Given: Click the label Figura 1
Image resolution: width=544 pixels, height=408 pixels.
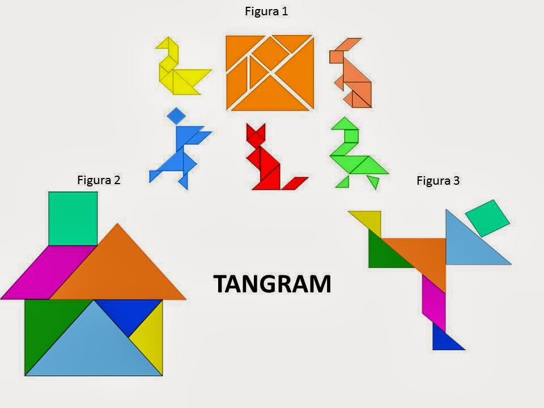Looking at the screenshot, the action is pyautogui.click(x=266, y=11).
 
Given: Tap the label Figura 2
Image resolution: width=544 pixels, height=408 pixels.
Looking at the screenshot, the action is pyautogui.click(x=99, y=180).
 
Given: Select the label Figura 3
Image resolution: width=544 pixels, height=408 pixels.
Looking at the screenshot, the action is pyautogui.click(x=438, y=181).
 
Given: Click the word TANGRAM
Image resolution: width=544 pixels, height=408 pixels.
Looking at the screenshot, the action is pyautogui.click(x=272, y=284).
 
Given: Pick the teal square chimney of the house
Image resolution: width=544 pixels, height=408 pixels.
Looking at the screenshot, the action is pyautogui.click(x=73, y=218).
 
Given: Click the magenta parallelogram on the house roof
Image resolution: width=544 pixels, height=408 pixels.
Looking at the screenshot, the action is pyautogui.click(x=48, y=272).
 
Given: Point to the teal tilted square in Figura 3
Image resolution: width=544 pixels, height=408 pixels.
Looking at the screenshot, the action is pyautogui.click(x=487, y=218).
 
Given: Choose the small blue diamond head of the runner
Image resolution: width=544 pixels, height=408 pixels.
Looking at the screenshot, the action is pyautogui.click(x=176, y=116).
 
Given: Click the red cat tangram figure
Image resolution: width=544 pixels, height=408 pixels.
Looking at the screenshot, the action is pyautogui.click(x=266, y=161).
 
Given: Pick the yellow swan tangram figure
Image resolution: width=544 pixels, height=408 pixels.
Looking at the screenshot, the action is pyautogui.click(x=178, y=71).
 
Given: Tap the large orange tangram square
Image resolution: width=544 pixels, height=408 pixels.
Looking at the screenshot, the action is pyautogui.click(x=270, y=72).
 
